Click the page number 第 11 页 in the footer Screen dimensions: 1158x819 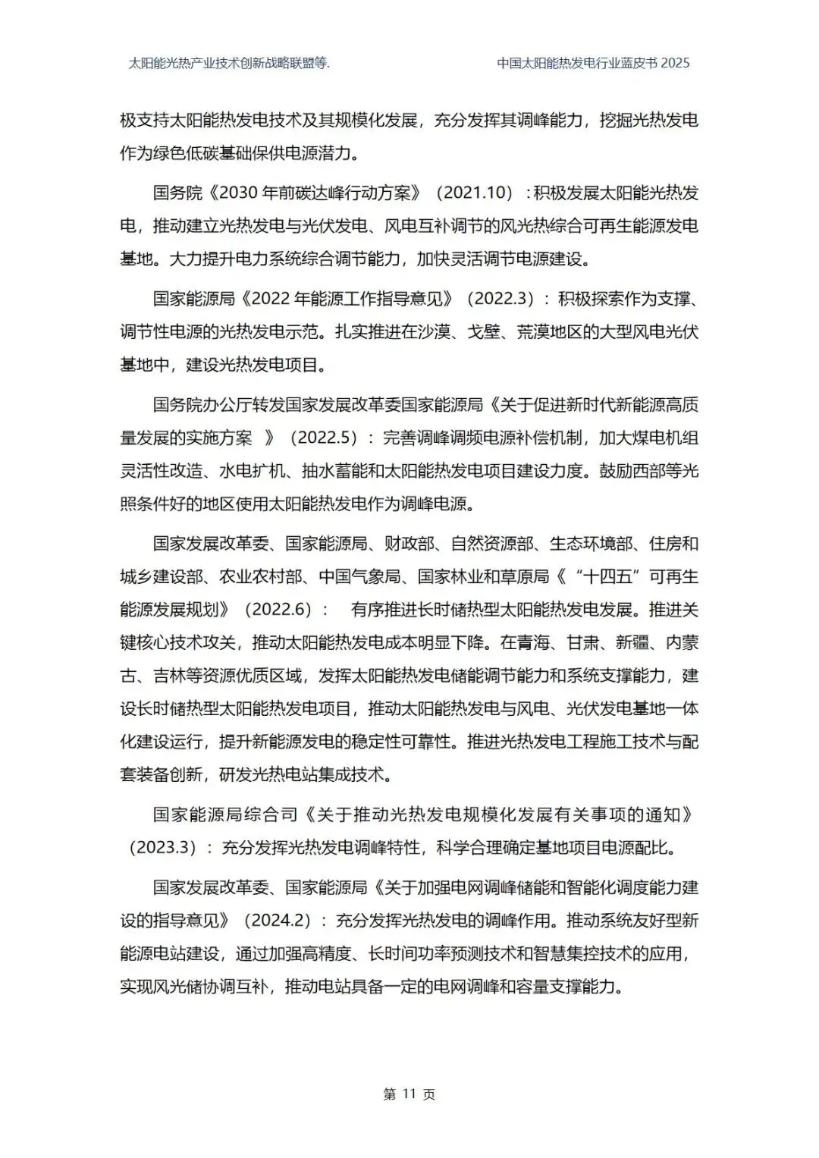tap(409, 1094)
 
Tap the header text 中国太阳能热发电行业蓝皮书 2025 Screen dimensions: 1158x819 tap(593, 63)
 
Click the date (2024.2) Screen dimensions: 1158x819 tap(278, 920)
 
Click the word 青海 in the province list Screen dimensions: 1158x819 tap(534, 643)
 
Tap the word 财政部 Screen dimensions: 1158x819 tap(409, 543)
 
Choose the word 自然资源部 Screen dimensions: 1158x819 tap(492, 543)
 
